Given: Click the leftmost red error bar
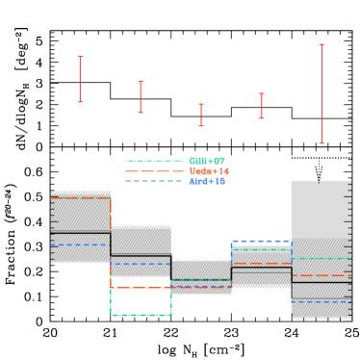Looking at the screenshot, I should (81, 79).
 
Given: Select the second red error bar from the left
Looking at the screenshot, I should (141, 96).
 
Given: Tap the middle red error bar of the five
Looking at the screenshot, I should (201, 115).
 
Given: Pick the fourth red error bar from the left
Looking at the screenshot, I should (261, 106).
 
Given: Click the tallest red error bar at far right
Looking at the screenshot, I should (321, 93).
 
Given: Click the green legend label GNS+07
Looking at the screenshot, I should (206, 161).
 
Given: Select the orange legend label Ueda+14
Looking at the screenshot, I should (208, 171).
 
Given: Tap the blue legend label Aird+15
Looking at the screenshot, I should (206, 181).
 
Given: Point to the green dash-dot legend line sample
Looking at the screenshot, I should (154, 161).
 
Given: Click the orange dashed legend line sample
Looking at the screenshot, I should (154, 171).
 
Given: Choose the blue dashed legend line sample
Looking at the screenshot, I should (154, 181).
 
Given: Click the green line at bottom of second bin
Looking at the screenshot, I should (141, 315).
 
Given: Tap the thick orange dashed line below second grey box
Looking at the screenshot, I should (141, 287).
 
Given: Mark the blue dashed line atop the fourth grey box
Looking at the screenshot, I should (261, 242).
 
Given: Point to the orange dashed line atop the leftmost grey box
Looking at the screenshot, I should (81, 198).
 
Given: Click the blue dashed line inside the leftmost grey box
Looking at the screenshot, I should (81, 244).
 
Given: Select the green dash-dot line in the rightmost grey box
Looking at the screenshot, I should (321, 258).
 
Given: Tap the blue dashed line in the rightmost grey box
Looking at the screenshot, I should (321, 302).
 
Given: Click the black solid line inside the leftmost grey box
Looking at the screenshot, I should (81, 232).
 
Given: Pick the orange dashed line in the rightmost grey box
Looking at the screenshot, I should (321, 275).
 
